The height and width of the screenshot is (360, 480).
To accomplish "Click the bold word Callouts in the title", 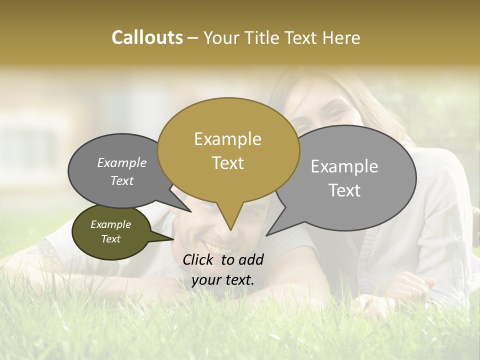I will pyautogui.click(x=147, y=37).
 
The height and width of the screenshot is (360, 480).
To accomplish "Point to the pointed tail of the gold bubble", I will pyautogui.click(x=230, y=227).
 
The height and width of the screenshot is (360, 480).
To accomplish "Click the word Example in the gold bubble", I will pyautogui.click(x=227, y=139).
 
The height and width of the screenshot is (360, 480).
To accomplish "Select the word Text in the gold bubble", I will pyautogui.click(x=228, y=163).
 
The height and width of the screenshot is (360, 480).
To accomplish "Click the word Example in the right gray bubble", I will pyautogui.click(x=344, y=166).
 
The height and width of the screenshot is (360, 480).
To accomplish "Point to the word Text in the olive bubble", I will pyautogui.click(x=111, y=239).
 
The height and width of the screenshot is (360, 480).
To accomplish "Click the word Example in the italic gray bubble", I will pyautogui.click(x=122, y=162).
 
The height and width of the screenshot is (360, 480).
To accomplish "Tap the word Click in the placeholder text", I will pyautogui.click(x=199, y=259).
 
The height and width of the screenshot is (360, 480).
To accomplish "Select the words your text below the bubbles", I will pyautogui.click(x=223, y=280).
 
